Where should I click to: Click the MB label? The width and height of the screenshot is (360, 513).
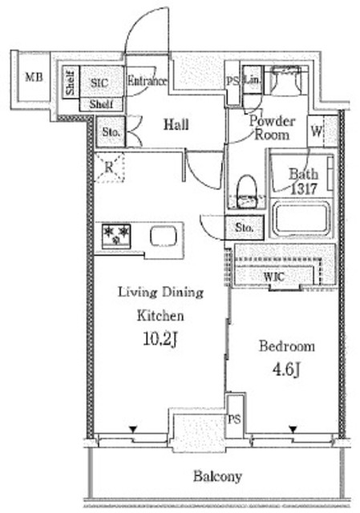coord(34,78)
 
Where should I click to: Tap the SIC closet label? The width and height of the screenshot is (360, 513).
coord(99,83)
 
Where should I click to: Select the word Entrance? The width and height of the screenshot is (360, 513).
coord(147,80)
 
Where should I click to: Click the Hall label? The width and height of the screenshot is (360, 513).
coord(176,125)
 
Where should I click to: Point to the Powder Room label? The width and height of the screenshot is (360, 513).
coord(273,127)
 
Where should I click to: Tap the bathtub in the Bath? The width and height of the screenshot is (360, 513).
coord(301,218)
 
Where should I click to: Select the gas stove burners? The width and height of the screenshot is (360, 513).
coord(115,235)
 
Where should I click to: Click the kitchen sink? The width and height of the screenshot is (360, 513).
coord(164,236)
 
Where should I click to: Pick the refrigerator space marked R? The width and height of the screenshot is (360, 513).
coord(109,168)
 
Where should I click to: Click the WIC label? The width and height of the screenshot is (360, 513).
coord(274,277)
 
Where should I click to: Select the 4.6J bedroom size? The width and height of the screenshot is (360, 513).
coord(286,370)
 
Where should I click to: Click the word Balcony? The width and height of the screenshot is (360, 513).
coord(217,476)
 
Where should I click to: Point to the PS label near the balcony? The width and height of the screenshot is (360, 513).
coord(234,419)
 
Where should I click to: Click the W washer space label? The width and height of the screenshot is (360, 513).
coord(316,131)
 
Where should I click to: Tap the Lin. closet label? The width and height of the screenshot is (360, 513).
coord(253,80)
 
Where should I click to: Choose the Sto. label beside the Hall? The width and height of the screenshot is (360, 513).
coord(111,132)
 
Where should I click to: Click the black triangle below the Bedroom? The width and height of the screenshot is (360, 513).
coord(293,429)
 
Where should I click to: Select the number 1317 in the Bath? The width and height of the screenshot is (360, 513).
coord(303,189)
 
